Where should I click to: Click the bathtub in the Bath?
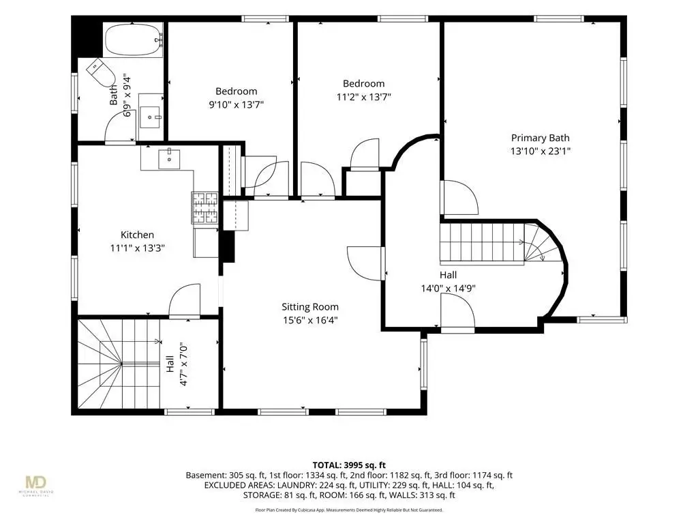coord(134,40)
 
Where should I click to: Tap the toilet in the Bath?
coord(101,72)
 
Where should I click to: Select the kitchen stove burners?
coord(204,208)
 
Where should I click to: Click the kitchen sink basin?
coord(169,159)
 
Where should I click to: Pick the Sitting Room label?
coord(310,307)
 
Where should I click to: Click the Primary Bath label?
coord(540,138)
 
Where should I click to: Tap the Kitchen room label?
coord(137,235)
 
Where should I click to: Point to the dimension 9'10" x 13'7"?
coord(237,104)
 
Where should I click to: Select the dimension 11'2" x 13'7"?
coord(364,97)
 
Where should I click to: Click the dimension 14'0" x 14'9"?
coord(449,289)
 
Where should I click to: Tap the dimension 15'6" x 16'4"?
coord(310,320)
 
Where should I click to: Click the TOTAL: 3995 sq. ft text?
coord(349,465)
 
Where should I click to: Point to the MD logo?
coord(36,484)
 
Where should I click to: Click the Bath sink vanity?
coord(151,116)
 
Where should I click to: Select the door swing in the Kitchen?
coord(184,301)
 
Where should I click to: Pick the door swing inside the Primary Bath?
coord(459,197)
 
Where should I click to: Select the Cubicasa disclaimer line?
coord(349,510)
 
